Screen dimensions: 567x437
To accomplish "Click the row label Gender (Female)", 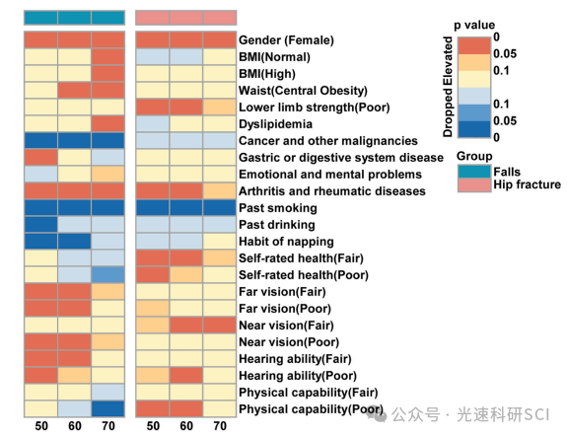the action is click(286, 40).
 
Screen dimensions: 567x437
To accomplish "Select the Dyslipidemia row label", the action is click(275, 124).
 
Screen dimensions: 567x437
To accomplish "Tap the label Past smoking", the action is click(278, 208).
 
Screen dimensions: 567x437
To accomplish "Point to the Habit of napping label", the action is click(286, 242).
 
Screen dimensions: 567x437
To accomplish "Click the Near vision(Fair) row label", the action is click(286, 326).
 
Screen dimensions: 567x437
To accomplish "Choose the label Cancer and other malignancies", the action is click(328, 141).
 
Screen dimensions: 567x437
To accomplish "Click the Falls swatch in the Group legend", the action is click(474, 172).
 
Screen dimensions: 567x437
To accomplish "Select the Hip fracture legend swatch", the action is click(474, 184).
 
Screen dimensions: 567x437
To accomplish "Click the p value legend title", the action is click(474, 25).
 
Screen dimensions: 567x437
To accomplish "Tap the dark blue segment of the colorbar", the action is click(474, 129).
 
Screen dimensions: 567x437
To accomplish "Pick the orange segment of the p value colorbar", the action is click(474, 62).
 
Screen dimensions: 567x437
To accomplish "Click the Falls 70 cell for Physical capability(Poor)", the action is click(107, 408).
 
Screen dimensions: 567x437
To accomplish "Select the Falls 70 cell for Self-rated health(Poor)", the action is click(107, 275).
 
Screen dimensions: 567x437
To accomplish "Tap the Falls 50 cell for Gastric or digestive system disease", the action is click(40, 158).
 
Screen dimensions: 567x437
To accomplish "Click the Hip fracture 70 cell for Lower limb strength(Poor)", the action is click(220, 108).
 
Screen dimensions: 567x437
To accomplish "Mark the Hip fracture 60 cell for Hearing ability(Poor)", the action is click(186, 376).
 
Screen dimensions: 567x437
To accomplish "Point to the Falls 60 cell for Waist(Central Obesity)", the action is click(74, 91).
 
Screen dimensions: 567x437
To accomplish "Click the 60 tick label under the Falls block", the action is click(75, 426).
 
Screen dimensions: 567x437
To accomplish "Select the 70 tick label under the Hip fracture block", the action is click(220, 426).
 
